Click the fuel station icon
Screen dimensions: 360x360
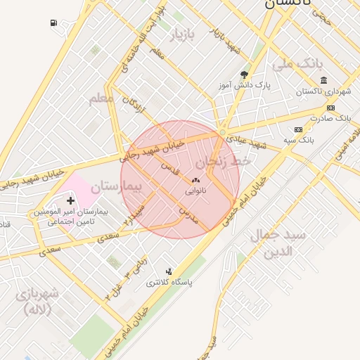click(x=54, y=23)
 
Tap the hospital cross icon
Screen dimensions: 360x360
click(x=70, y=200)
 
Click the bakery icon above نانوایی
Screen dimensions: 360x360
click(x=195, y=181)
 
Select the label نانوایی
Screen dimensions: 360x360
click(x=195, y=191)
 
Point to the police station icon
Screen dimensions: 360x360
click(x=169, y=271)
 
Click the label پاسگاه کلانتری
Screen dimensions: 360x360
click(x=169, y=283)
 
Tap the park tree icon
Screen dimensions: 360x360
click(x=244, y=74)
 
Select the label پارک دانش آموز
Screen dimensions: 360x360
click(x=244, y=85)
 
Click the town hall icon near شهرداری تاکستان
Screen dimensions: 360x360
click(x=323, y=80)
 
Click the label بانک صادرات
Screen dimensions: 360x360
click(x=333, y=119)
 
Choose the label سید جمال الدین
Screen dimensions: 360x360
click(x=278, y=243)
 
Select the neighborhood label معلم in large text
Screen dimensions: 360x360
click(x=101, y=98)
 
